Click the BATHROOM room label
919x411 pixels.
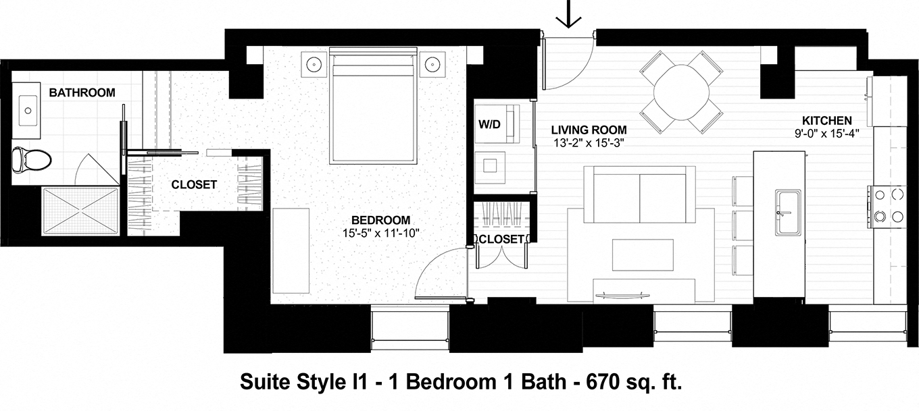click(x=82, y=92)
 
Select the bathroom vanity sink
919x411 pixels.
click(x=28, y=107)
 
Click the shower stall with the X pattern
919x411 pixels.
click(x=81, y=211)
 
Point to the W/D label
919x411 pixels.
click(x=489, y=124)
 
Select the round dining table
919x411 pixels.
click(x=680, y=92)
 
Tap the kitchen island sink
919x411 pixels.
click(x=787, y=213)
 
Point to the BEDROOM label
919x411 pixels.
click(x=380, y=220)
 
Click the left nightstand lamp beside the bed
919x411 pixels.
click(x=314, y=65)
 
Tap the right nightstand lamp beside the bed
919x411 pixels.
click(x=432, y=65)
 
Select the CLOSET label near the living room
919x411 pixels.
click(x=501, y=239)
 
